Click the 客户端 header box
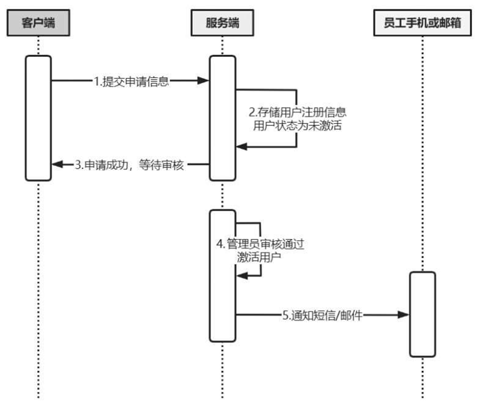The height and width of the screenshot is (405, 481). tap(38, 23)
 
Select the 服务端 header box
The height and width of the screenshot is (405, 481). tap(222, 23)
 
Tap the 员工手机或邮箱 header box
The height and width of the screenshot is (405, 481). tap(422, 23)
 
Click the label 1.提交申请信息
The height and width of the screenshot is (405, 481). tap(132, 81)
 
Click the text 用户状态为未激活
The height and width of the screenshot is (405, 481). tap(298, 125)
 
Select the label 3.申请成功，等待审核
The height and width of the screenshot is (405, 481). tap(130, 165)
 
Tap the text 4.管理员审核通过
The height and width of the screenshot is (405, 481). tap(259, 244)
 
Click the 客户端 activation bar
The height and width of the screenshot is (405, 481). tap(38, 118)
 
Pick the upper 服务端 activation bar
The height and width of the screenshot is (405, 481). tap(222, 118)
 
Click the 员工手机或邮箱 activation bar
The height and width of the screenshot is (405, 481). tap(422, 314)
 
